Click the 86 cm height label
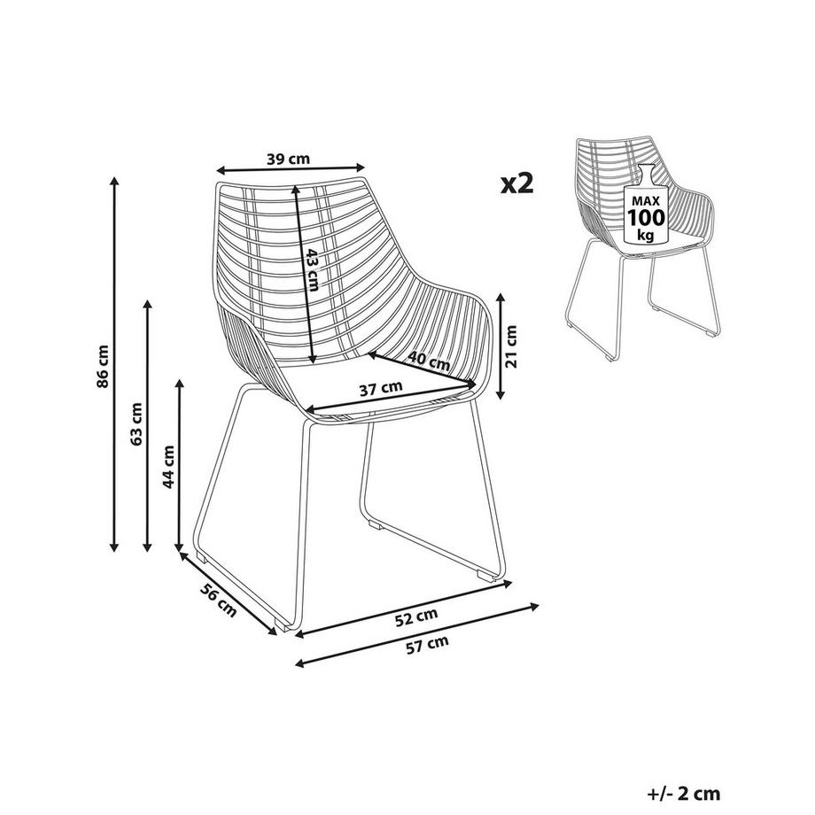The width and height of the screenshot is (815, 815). click(x=103, y=366)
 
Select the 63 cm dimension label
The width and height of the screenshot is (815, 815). click(x=136, y=423)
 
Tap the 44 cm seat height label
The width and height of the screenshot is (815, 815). click(x=168, y=467)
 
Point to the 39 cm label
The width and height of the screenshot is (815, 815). click(x=288, y=159)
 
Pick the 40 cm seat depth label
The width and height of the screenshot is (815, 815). click(x=428, y=361)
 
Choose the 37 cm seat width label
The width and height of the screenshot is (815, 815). click(x=381, y=388)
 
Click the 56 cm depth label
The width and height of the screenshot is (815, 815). click(x=218, y=601)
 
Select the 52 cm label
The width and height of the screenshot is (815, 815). click(x=415, y=617)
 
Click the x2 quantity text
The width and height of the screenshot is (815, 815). click(x=516, y=183)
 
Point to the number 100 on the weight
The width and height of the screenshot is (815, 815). click(x=646, y=217)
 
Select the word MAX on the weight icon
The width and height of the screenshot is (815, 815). click(x=646, y=200)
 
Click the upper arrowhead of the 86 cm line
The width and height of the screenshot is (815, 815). click(x=114, y=182)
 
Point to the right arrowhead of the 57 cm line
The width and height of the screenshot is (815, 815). click(x=534, y=606)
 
